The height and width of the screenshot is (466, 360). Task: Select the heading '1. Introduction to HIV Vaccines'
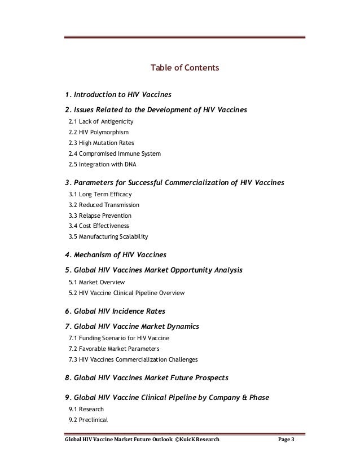click(x=118, y=94)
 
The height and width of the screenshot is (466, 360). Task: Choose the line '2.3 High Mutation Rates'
click(x=101, y=143)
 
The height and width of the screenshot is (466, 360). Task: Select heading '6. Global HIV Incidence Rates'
click(x=116, y=311)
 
